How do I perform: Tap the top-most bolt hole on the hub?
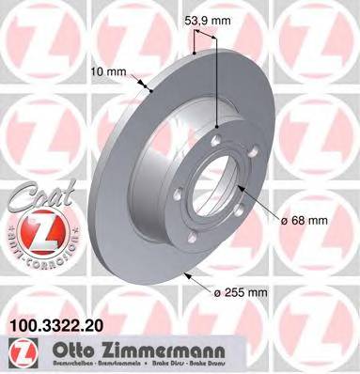[215, 141]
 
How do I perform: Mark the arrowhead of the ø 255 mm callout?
[187, 273]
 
